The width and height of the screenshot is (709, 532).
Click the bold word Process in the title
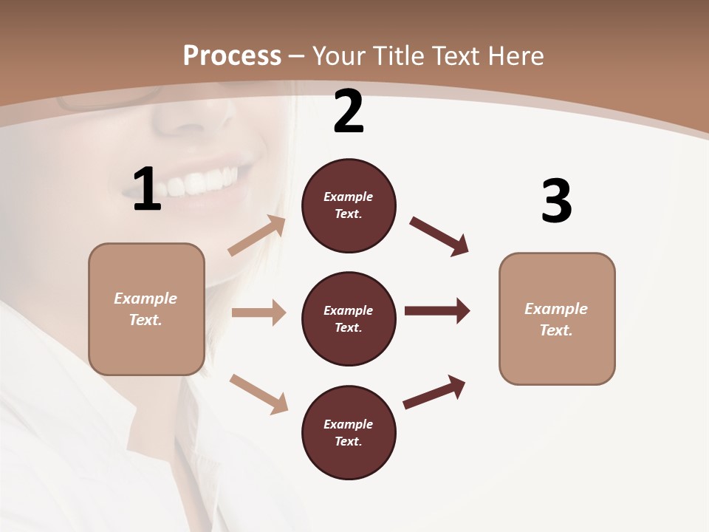tap(232, 56)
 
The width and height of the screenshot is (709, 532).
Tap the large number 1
tap(147, 190)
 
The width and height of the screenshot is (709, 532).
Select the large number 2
tap(349, 112)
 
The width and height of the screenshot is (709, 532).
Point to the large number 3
tap(556, 201)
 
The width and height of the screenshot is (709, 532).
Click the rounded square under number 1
tap(146, 309)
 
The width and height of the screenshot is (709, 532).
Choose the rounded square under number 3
tap(557, 319)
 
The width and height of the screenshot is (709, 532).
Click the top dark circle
tap(349, 205)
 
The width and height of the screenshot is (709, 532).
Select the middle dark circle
tap(349, 319)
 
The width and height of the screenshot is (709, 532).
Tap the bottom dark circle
tap(349, 432)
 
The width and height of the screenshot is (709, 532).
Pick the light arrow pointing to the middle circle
tap(258, 313)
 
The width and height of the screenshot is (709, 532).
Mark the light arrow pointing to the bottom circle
tap(258, 393)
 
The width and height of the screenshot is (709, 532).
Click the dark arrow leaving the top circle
tap(439, 236)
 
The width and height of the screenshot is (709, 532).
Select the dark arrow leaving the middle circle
tap(437, 310)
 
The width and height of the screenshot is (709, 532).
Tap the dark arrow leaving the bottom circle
tap(434, 392)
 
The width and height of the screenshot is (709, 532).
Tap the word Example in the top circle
tap(349, 197)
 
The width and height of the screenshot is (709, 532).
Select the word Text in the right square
tap(555, 330)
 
